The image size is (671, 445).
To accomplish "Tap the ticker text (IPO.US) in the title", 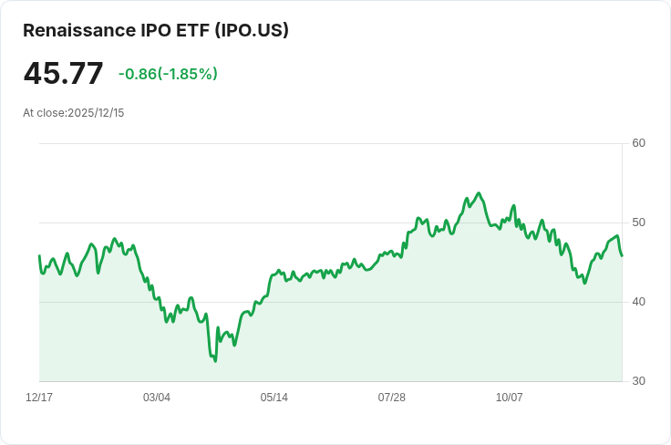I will pyautogui.click(x=251, y=30).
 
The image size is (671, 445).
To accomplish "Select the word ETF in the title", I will pyautogui.click(x=193, y=30).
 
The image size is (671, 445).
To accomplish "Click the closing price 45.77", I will pyautogui.click(x=63, y=74).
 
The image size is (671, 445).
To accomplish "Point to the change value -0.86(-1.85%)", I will pyautogui.click(x=168, y=74).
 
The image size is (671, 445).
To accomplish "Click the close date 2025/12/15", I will pyautogui.click(x=96, y=113).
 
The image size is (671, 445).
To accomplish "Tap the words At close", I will pyautogui.click(x=44, y=113).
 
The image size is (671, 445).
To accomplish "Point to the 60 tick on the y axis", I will pyautogui.click(x=638, y=143).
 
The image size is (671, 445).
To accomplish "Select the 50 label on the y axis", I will pyautogui.click(x=638, y=222).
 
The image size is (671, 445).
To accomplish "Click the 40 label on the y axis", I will pyautogui.click(x=638, y=302).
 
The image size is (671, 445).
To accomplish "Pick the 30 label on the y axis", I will pyautogui.click(x=638, y=381).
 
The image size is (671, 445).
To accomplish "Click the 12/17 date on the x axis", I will pyautogui.click(x=39, y=398).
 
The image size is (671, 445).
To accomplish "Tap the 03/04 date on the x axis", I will pyautogui.click(x=157, y=398).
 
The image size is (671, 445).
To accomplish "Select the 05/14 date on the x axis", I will pyautogui.click(x=274, y=398).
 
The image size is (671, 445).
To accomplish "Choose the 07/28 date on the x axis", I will pyautogui.click(x=392, y=398).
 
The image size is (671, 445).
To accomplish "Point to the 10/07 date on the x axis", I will pyautogui.click(x=510, y=398).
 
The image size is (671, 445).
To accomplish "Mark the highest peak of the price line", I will pyautogui.click(x=479, y=193).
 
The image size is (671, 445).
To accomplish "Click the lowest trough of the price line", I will pyautogui.click(x=215, y=361).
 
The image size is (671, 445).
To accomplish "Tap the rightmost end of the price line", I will pyautogui.click(x=622, y=255).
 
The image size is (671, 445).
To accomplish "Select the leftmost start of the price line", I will pyautogui.click(x=39, y=255).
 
